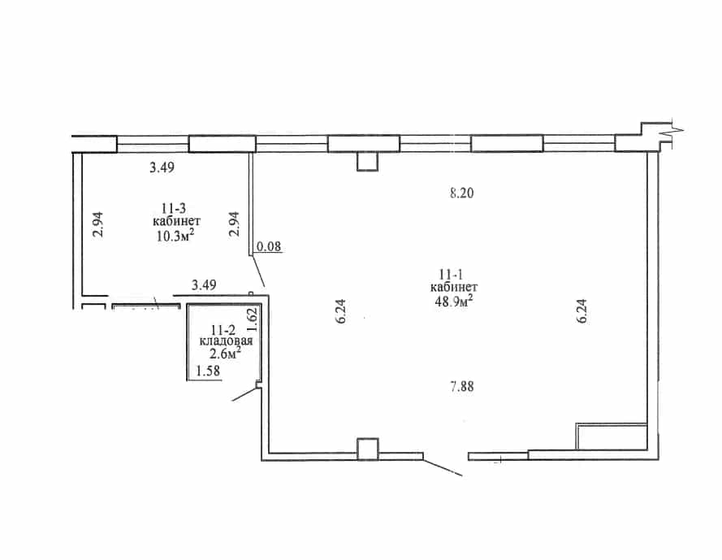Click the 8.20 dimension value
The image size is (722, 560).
[461, 193]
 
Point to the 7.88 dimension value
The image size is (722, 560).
[462, 386]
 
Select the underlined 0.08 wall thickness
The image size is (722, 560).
[269, 246]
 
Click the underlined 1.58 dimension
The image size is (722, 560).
[208, 371]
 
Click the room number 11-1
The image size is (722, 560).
[450, 276]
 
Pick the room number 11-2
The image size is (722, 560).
[223, 330]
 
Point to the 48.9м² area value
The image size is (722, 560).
[454, 301]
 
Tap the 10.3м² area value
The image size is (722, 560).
[175, 236]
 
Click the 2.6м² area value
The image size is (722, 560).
[225, 354]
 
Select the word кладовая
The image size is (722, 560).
[226, 341]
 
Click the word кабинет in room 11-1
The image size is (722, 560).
[454, 287]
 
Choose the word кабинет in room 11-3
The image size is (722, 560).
[177, 221]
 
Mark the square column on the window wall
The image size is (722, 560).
[367, 161]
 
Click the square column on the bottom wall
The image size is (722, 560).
[367, 449]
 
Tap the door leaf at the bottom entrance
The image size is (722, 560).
[443, 467]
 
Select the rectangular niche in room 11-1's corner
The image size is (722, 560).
[612, 436]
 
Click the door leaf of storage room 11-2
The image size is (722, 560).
[243, 394]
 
